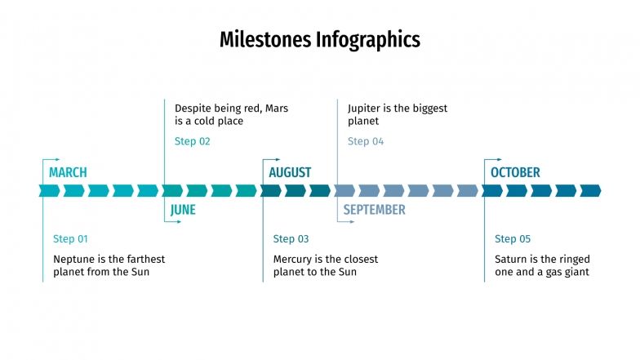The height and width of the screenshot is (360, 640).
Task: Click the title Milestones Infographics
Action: pos(319,39)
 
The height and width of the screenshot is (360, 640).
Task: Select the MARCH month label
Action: pos(68,172)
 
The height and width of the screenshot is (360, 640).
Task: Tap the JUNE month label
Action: pos(183,210)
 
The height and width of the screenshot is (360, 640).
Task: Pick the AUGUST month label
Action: pos(290,172)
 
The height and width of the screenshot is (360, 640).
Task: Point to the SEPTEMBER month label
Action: pos(374,210)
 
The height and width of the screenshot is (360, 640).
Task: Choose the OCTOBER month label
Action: pos(515,172)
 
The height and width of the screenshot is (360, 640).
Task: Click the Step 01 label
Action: pos(70,239)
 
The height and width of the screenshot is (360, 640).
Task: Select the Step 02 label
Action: pos(193,141)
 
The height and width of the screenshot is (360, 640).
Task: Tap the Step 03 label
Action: pos(291,239)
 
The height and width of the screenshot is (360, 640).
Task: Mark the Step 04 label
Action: pos(366,141)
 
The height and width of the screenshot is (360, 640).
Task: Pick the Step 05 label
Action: pos(513,239)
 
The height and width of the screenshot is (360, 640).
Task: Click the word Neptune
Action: pos(74,259)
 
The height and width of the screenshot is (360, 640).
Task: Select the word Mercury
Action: pos(293,259)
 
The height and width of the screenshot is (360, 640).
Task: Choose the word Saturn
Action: pos(512,259)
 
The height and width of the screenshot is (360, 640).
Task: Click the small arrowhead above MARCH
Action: pos(59,159)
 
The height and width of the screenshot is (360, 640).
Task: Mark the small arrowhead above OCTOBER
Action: pos(500,159)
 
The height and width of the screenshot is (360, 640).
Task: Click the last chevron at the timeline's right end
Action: pos(590,190)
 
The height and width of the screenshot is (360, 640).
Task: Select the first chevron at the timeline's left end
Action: pos(49,190)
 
